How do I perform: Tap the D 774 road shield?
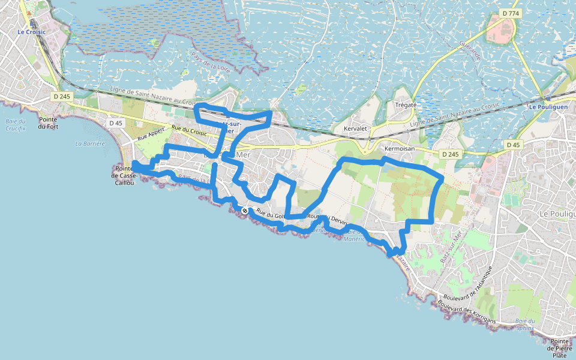510,13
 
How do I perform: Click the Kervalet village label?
355,129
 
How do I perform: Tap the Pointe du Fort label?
47,122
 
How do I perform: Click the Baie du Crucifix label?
15,124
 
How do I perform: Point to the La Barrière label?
90,144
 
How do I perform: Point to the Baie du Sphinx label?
524,325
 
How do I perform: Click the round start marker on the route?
245,211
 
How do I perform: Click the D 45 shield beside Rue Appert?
116,123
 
